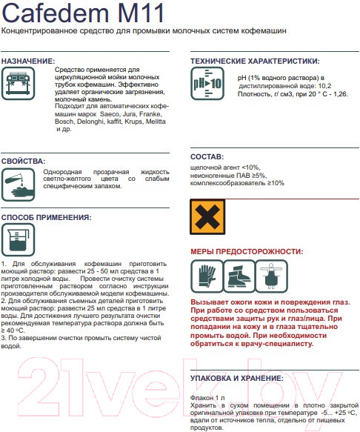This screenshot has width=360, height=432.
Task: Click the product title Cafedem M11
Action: tap(83, 13)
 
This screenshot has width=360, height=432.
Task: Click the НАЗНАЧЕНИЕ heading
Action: tap(28, 62)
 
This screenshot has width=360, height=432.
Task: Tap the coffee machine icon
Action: tap(19, 84)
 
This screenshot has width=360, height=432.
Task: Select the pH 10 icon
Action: tap(207, 84)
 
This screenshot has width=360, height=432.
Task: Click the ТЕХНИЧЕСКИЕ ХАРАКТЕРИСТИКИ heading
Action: tap(255, 62)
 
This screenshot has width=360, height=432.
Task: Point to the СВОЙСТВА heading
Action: tap(23, 162)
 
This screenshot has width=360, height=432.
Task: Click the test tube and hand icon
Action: tap(19, 185)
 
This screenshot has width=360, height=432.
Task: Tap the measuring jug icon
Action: tap(19, 239)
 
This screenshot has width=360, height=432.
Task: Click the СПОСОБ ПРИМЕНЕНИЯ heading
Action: tap(46, 217)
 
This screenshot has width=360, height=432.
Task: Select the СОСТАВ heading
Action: tap(207, 157)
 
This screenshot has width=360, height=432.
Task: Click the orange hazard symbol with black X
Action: tap(207, 217)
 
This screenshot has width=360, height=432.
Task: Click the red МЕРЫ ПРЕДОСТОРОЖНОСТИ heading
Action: tap(247, 251)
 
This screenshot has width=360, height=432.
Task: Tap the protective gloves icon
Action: tap(207, 276)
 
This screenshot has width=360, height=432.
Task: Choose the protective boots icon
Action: tap(239, 276)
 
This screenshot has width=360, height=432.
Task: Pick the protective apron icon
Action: tap(272, 276)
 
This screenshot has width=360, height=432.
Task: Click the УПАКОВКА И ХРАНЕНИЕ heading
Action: tap(237, 378)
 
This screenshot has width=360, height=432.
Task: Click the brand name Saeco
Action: tap(110, 114)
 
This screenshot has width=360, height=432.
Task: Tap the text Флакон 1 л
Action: tap(207, 398)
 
